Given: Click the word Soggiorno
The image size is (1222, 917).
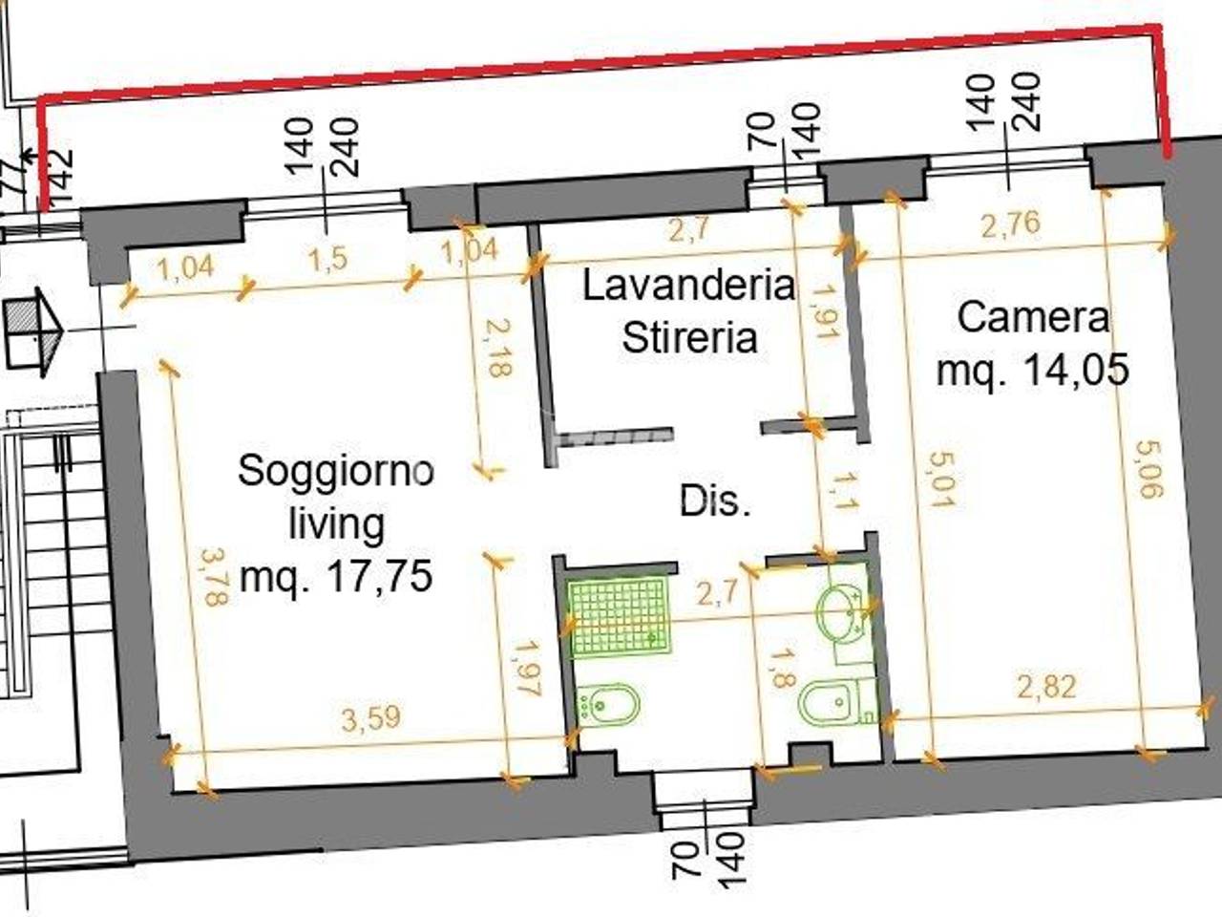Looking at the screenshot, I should click(336, 472).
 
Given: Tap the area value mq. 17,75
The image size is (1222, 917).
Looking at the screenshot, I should click(336, 576).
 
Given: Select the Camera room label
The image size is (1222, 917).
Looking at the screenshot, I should click(1033, 317).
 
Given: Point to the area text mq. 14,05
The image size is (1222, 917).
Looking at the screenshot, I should click(1033, 370).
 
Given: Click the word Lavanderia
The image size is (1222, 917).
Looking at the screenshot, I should click(688, 286).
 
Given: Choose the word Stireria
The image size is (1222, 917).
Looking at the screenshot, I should click(688, 337).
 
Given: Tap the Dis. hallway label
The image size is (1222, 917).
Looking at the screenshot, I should click(715, 501).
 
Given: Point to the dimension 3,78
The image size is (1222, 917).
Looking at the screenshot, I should click(214, 576).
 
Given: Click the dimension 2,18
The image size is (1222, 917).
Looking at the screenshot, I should click(495, 350).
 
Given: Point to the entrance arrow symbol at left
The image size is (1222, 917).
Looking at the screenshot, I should click(33, 329).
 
